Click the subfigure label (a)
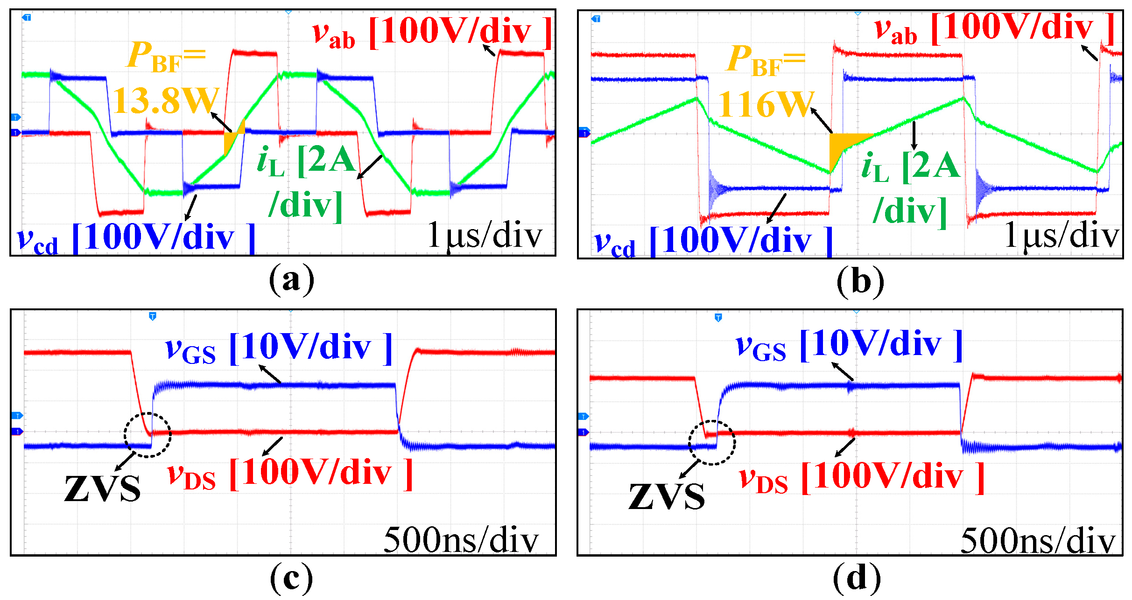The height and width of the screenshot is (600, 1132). click(x=291, y=280)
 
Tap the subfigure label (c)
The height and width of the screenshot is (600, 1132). click(x=291, y=579)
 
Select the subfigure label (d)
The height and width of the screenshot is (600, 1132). click(x=857, y=579)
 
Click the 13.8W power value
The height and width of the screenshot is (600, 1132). click(x=166, y=100)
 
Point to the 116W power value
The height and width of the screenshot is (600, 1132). click(x=766, y=104)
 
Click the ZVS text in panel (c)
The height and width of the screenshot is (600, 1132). click(x=102, y=488)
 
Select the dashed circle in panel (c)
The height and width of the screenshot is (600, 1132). click(x=148, y=435)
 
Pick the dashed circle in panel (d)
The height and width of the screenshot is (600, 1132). click(x=712, y=442)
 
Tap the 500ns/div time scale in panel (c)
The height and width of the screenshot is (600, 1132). click(x=461, y=540)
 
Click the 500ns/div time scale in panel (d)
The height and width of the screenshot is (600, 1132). click(x=1037, y=541)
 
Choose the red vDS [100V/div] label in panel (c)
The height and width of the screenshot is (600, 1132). click(x=290, y=474)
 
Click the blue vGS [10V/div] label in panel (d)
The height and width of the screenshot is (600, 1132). click(x=849, y=346)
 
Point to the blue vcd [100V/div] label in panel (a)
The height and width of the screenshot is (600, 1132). click(x=136, y=239)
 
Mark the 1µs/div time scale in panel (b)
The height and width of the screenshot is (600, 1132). click(x=1062, y=236)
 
